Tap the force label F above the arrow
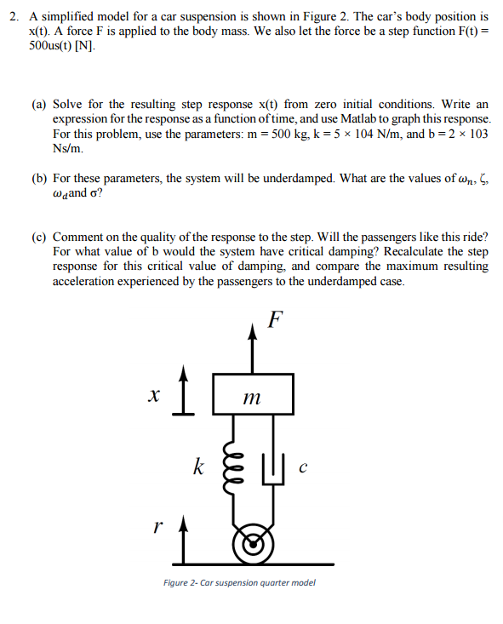click(x=274, y=320)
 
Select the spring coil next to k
click(x=229, y=467)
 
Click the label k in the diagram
click(x=197, y=467)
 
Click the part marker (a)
click(x=39, y=104)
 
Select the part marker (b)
click(x=39, y=179)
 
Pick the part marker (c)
click(x=39, y=236)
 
